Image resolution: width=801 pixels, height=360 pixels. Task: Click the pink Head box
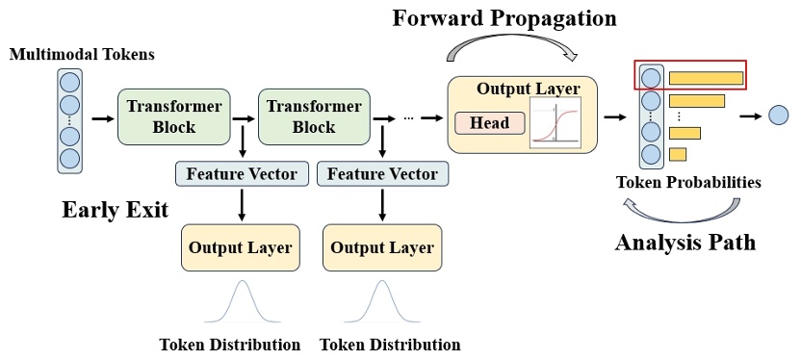(x=489, y=123)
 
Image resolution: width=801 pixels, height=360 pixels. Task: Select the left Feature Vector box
(x=242, y=174)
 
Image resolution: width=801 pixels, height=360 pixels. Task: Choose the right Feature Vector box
(x=382, y=174)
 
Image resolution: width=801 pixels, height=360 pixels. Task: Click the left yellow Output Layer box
(x=240, y=247)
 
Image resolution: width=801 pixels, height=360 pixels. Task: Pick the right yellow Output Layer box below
(x=382, y=247)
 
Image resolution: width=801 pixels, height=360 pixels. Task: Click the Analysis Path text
(x=685, y=242)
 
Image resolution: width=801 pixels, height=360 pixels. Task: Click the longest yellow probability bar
(x=706, y=77)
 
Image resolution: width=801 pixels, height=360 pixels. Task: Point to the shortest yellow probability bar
(x=677, y=154)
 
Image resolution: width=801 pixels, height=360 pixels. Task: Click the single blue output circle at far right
(x=780, y=116)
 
